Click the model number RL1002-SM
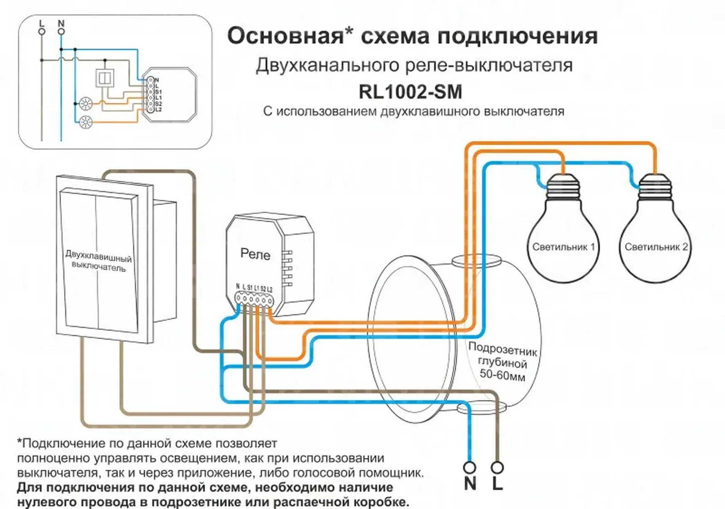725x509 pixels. coord(410,92)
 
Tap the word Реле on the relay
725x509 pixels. coord(255,254)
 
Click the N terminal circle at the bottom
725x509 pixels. coord(469,467)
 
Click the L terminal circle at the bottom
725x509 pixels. coord(497,467)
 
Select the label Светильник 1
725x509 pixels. coord(563,247)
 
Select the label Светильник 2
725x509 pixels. coord(656,247)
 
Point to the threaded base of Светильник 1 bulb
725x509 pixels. coord(563,188)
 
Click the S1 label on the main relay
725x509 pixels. coord(250,288)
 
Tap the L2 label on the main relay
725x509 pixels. coord(270,289)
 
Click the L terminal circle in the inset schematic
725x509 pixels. coord(42,32)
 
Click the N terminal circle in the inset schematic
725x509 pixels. coord(61,32)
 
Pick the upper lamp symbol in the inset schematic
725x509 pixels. coord(86,103)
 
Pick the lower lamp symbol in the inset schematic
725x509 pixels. coord(86,122)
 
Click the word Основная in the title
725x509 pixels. coord(285,36)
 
